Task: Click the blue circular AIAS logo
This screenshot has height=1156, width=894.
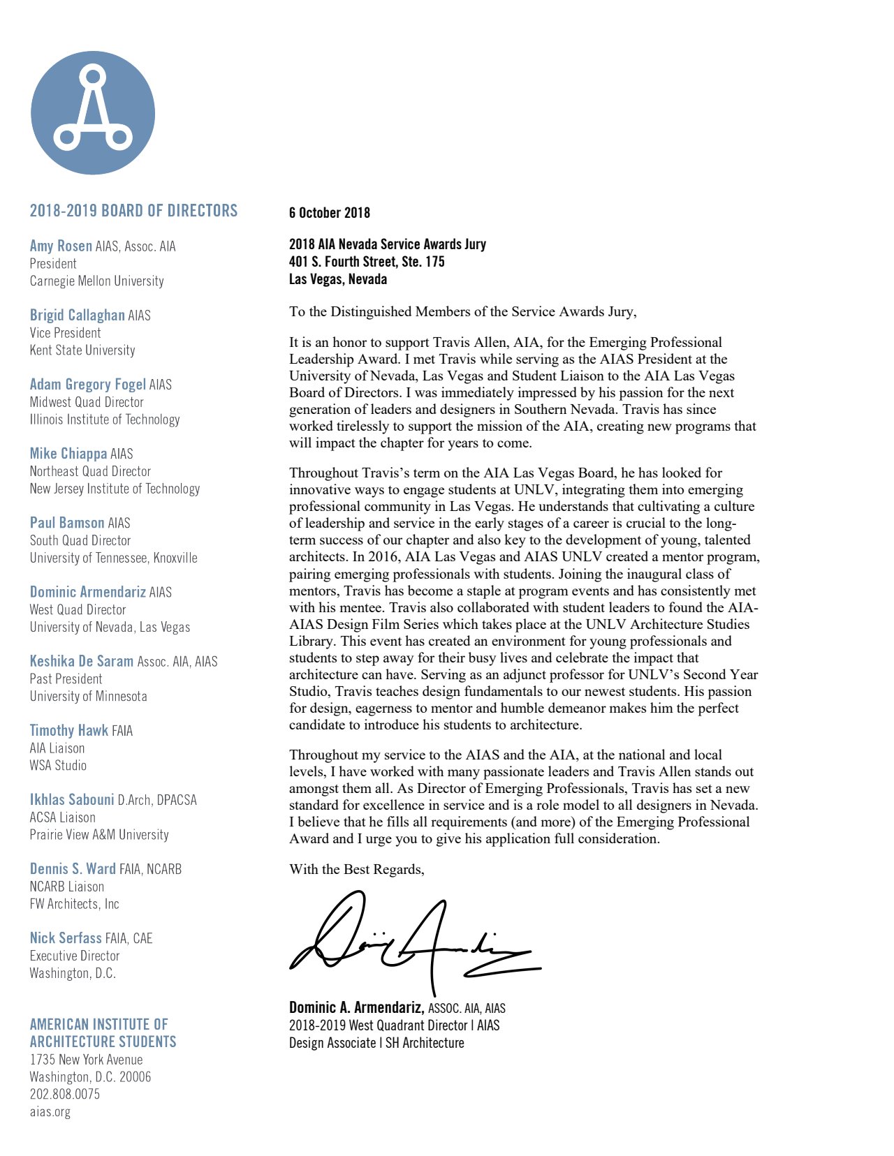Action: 93,112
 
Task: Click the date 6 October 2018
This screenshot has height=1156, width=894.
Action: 329,213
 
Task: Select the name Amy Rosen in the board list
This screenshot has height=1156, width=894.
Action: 61,246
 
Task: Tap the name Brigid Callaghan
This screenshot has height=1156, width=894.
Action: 77,315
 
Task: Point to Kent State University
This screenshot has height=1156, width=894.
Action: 82,350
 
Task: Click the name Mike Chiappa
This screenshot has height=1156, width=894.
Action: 68,454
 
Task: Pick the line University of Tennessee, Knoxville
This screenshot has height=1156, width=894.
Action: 113,558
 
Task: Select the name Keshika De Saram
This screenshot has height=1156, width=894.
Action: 81,661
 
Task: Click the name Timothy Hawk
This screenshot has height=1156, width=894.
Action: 68,730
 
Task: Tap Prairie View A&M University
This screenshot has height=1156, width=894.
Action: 99,835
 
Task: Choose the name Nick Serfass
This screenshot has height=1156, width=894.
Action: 66,938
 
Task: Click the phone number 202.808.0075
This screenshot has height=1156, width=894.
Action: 64,1094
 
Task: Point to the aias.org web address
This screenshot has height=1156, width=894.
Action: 50,1111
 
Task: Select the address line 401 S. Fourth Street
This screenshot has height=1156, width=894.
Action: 367,262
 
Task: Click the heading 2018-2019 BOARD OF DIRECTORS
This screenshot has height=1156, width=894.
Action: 133,211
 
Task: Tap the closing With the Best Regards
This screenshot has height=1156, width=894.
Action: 356,869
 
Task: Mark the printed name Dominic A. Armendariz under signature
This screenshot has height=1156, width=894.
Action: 356,1007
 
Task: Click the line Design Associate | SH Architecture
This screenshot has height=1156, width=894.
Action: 376,1043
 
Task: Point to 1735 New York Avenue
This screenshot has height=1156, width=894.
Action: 86,1060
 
